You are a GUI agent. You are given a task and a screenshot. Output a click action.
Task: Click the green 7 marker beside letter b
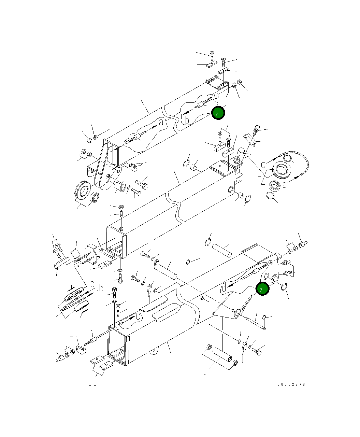[x=218, y=113]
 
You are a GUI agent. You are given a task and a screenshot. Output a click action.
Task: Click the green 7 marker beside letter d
[x=262, y=289]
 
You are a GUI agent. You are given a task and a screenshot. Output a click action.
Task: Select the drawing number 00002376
[x=291, y=384]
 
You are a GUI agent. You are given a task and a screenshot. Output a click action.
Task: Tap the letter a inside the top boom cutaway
[x=161, y=122]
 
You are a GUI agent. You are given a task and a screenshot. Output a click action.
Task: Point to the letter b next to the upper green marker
[x=187, y=120]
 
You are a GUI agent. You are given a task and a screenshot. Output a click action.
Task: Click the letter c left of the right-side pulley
[x=263, y=165]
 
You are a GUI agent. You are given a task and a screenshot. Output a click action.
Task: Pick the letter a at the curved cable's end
[x=284, y=185]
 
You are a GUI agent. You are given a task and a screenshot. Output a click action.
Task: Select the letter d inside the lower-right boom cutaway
[x=224, y=288]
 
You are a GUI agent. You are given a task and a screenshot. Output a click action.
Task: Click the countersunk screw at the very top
[x=212, y=54]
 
